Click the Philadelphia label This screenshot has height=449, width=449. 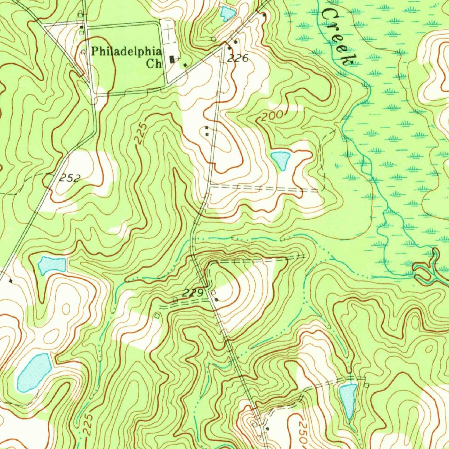click(x=126, y=51)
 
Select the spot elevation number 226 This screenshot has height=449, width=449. click(x=238, y=57)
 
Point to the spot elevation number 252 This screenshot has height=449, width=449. click(x=70, y=178)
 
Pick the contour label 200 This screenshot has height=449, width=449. click(x=271, y=116)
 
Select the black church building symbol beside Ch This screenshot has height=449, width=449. click(x=173, y=59)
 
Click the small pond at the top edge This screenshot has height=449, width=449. click(x=227, y=13)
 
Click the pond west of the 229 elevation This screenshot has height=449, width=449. click(x=52, y=265)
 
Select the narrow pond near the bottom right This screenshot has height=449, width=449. click(x=348, y=400)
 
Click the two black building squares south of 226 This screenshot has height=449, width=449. click(x=207, y=130)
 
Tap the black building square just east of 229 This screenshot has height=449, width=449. click(x=216, y=300)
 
